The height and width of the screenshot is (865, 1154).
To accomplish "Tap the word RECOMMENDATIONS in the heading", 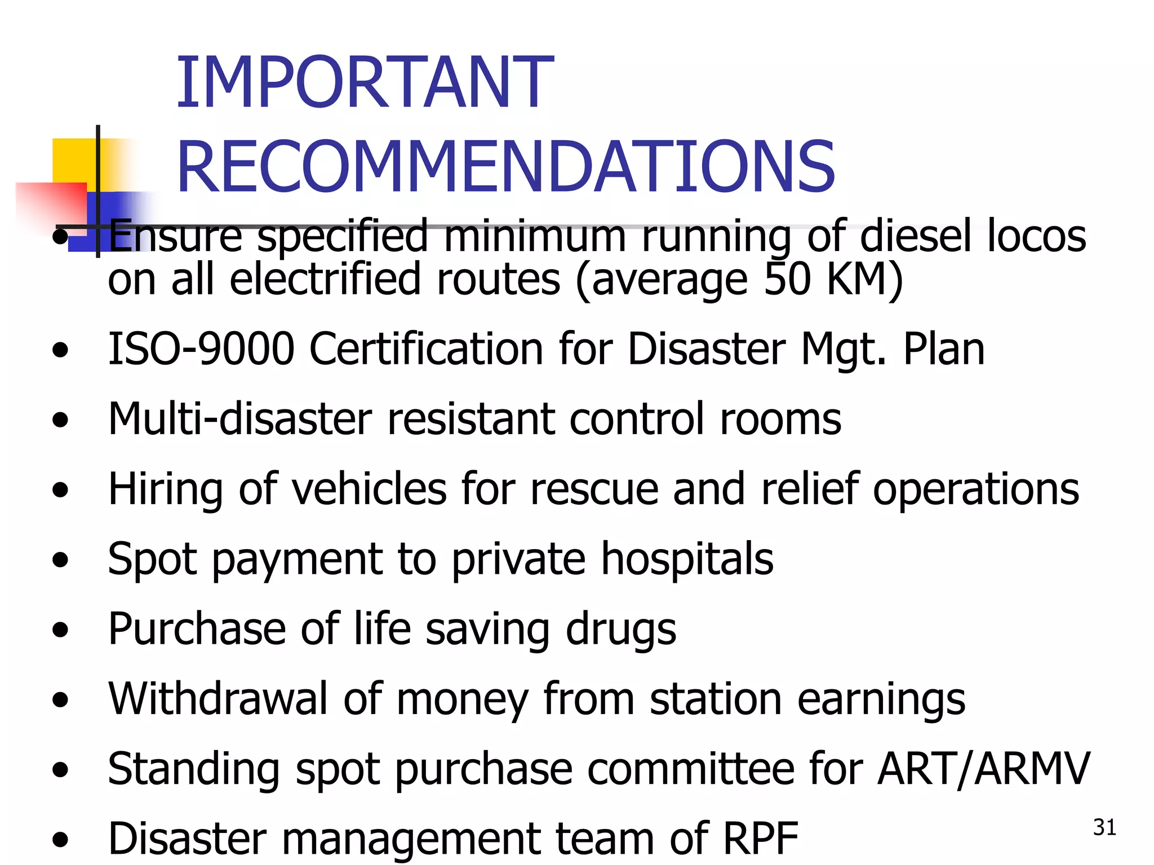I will click(x=505, y=167).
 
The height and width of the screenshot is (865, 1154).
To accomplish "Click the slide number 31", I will click(x=1104, y=827).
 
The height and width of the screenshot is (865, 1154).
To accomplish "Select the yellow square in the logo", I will click(x=73, y=160).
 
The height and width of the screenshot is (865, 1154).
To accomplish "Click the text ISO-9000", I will click(x=201, y=349).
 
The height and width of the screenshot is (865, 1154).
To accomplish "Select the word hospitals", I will click(x=687, y=559).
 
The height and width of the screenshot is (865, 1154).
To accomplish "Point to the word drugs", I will click(x=620, y=629).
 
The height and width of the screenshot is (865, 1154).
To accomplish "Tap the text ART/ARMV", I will click(x=983, y=769).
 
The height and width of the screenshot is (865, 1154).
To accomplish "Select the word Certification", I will click(x=427, y=349).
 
